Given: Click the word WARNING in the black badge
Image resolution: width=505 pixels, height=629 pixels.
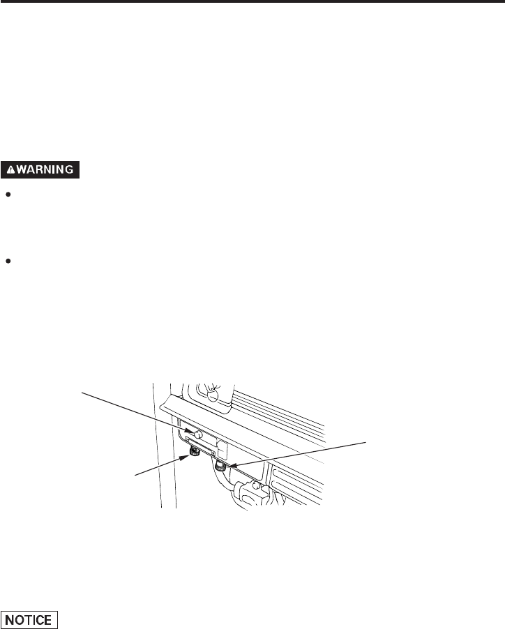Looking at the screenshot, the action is coord(48,169).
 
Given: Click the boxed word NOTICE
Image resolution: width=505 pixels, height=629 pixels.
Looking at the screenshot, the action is coord(29,619).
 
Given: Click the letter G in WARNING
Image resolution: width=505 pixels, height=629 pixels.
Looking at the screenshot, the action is coord(74,169).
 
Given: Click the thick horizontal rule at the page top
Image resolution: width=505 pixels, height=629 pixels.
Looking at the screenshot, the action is coord(252,3).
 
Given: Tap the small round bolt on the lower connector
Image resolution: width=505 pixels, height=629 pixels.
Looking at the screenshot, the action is coord(257,486).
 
